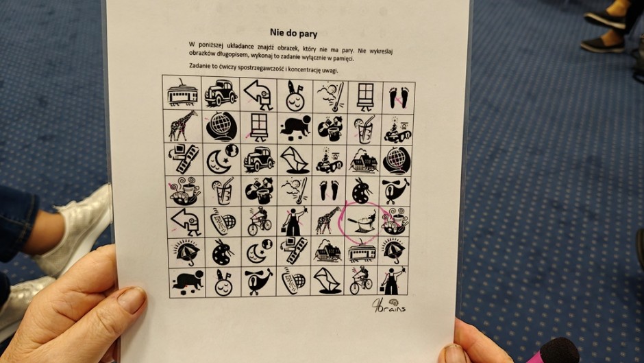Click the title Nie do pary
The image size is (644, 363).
coord(293,32)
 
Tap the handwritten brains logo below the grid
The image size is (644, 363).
coord(388,306)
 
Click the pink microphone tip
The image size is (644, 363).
coord(557,351)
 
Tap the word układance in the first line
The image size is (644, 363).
coord(238,46)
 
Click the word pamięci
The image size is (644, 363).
coord(341,59)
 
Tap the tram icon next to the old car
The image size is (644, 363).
coord(183,93)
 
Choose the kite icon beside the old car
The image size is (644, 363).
coord(294,160)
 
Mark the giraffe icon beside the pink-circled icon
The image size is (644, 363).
coord(328,220)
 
